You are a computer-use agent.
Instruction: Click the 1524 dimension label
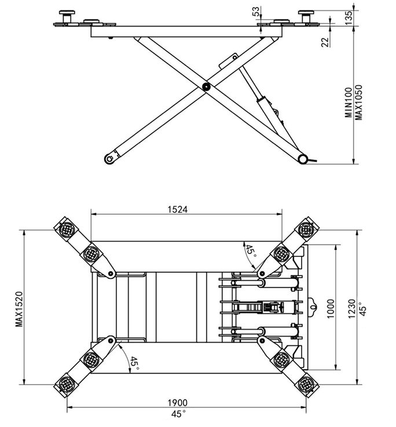pos(177,209)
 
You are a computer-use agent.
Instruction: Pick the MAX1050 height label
pos(359,102)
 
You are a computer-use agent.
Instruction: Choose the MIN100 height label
pos(349,102)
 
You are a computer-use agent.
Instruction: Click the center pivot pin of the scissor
pos(206,86)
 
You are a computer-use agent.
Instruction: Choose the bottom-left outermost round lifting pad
pos(66,383)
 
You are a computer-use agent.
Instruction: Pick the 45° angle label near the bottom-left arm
pos(134,363)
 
